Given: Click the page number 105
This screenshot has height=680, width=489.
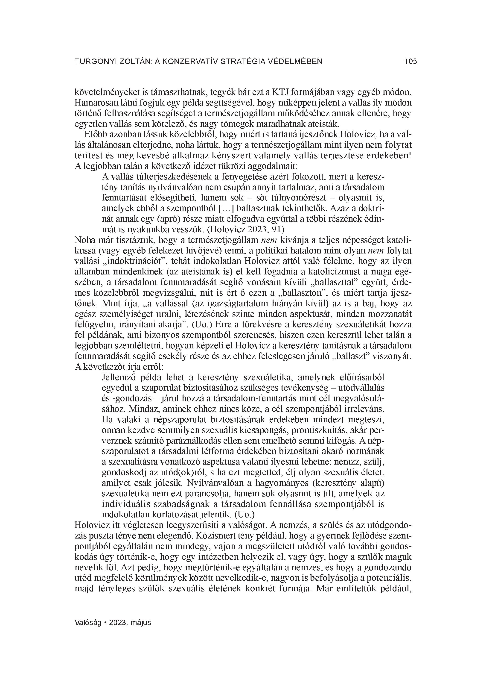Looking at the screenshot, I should click(410, 62).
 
